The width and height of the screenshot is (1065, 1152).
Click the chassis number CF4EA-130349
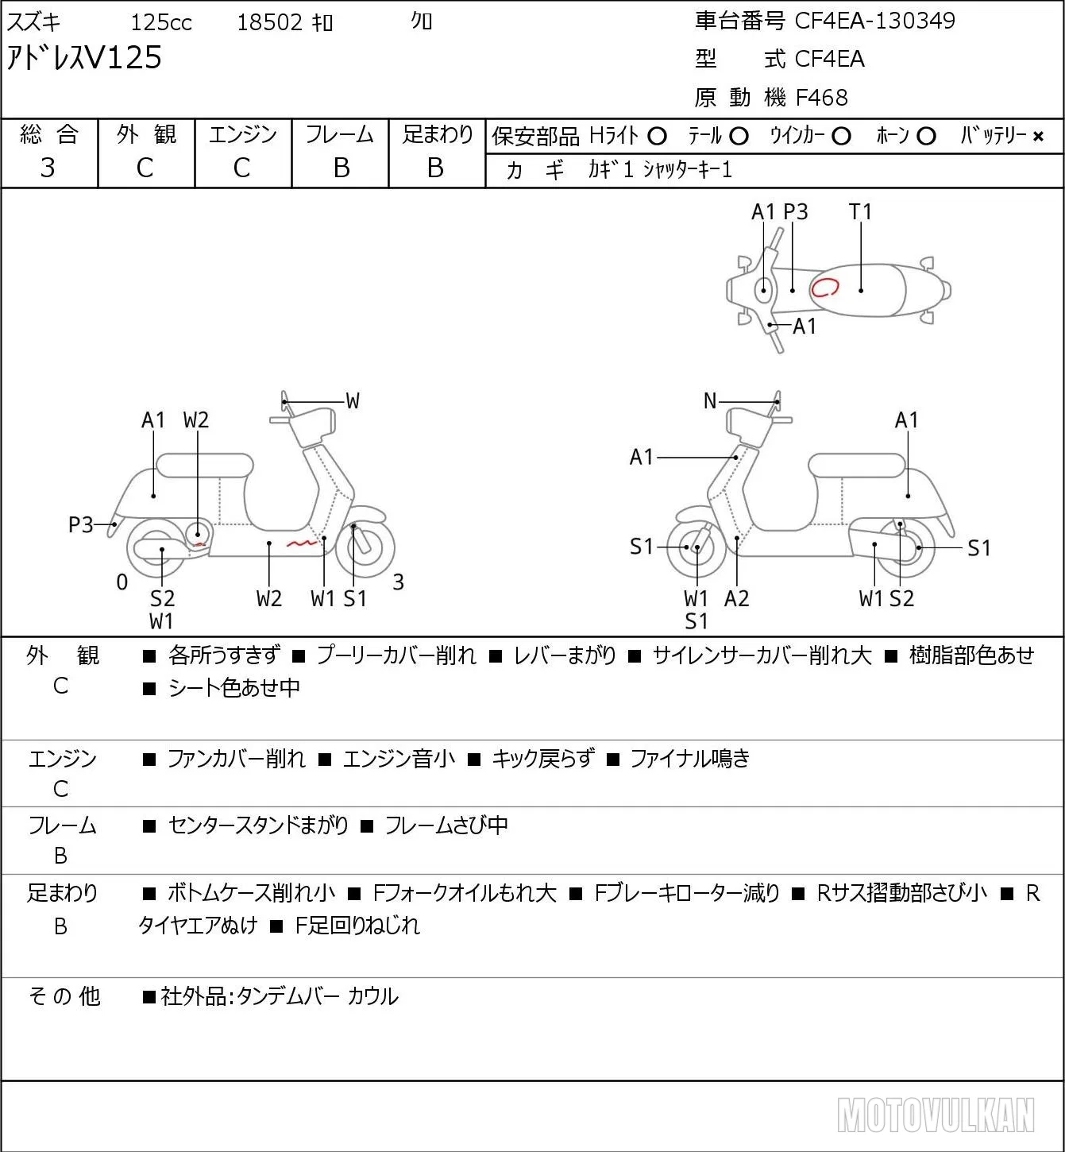(874, 21)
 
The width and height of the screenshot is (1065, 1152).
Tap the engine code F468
(822, 98)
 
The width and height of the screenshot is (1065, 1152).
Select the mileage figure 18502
(270, 22)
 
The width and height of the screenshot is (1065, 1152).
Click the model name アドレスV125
(84, 58)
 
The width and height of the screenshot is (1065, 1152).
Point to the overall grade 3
(48, 168)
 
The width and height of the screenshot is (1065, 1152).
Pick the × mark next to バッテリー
(1038, 137)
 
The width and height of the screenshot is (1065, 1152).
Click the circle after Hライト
(657, 137)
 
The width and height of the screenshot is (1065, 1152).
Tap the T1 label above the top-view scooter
(860, 211)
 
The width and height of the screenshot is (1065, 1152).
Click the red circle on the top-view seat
(825, 287)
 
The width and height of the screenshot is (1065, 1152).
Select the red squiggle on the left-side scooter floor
(303, 543)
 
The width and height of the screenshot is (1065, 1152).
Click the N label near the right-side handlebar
(710, 401)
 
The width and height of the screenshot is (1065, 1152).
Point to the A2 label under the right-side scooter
(737, 598)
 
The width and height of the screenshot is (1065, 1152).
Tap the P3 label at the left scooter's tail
(81, 524)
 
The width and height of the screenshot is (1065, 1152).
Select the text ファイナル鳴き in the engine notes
(689, 759)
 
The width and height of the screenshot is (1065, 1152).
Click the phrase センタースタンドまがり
(258, 825)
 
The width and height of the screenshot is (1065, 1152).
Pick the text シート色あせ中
(233, 687)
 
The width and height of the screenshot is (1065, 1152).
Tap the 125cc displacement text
(160, 22)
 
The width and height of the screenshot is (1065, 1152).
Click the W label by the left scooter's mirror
(352, 401)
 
